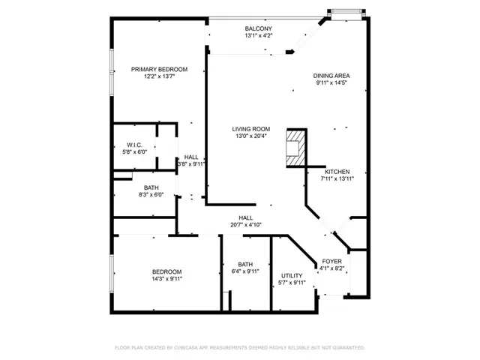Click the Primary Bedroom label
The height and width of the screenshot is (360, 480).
tap(159, 70)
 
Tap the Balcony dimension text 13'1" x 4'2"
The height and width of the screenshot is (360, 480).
tap(259, 35)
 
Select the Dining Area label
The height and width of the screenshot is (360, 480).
tap(331, 76)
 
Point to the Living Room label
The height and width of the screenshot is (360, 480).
tap(251, 129)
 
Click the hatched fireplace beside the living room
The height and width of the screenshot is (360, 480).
tap(296, 148)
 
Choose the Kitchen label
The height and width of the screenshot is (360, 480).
tap(337, 172)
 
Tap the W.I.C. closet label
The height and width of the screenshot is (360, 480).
tap(135, 145)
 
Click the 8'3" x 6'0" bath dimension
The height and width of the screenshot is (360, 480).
tap(151, 194)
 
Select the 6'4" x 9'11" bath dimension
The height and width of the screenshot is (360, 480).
tap(245, 271)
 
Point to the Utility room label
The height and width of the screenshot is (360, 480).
tap(292, 275)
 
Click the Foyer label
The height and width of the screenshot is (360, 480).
tap(331, 262)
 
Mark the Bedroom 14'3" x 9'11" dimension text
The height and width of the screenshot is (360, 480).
tap(166, 278)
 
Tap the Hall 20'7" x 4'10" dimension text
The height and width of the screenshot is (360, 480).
tap(246, 225)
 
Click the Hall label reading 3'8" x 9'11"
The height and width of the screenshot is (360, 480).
tap(191, 163)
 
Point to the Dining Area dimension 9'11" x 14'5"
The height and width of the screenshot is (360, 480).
tap(331, 82)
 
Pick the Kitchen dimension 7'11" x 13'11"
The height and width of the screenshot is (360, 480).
tap(337, 178)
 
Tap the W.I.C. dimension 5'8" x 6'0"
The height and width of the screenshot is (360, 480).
tap(135, 151)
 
